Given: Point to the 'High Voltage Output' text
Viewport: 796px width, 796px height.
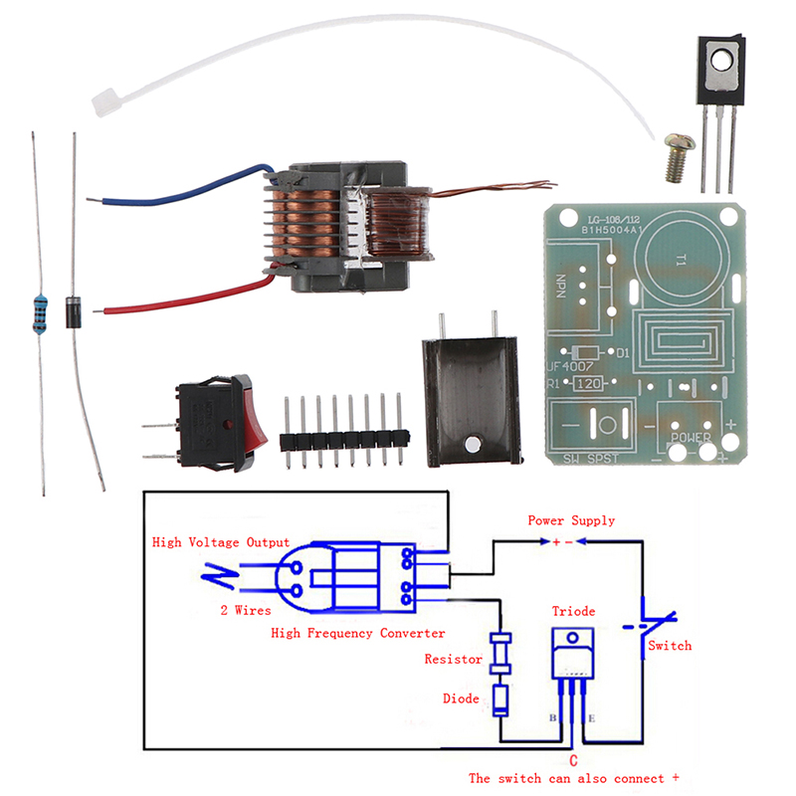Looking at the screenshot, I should (x=221, y=542).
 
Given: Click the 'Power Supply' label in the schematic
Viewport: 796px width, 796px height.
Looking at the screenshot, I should (x=571, y=520).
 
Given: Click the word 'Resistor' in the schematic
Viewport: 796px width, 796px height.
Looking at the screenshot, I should (x=454, y=659).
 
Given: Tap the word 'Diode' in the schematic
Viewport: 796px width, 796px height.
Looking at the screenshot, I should (x=461, y=698).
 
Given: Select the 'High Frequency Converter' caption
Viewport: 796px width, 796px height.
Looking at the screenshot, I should (x=358, y=633).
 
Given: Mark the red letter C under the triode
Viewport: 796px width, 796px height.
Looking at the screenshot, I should (x=574, y=760).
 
